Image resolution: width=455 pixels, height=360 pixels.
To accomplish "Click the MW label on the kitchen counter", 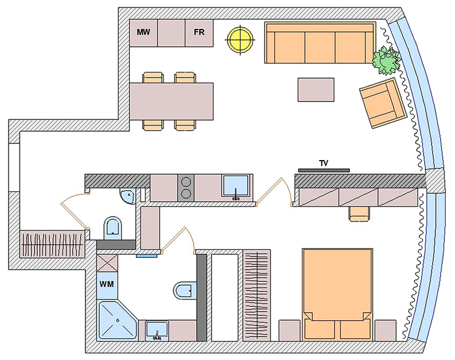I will point(143,32).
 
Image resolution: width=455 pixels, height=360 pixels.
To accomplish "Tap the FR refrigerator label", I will point(199,32).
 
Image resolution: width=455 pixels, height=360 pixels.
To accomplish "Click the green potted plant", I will point(387,60).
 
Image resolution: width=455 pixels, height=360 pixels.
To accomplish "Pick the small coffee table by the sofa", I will point(316,89).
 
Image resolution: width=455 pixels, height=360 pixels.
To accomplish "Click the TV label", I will point(323,163).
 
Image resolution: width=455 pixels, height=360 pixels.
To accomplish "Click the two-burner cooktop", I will point(186,187).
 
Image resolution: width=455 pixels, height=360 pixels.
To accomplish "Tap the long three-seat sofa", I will point(320,43).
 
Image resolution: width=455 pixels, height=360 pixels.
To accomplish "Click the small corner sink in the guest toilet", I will point(127,196).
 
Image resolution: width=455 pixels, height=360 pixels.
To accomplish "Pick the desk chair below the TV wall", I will point(359,212).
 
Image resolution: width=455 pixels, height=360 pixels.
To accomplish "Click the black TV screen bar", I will point(323,169).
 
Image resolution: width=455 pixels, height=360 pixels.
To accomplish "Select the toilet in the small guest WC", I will point(114,228).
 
